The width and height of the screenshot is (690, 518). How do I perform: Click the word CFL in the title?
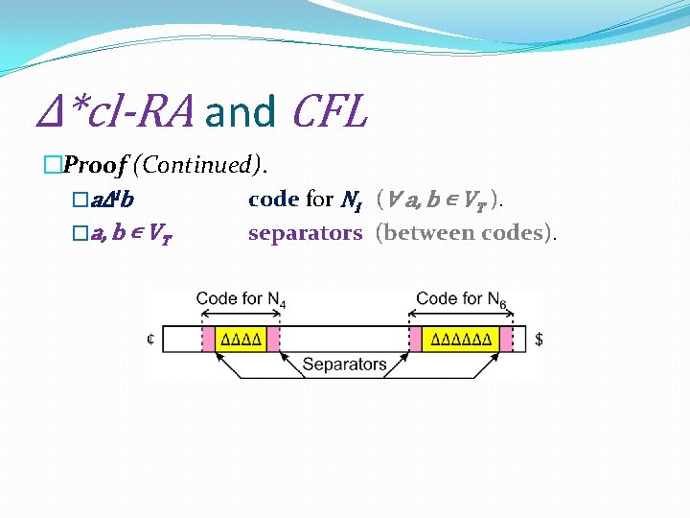pos(329,111)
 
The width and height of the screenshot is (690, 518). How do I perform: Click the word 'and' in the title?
pos(240,111)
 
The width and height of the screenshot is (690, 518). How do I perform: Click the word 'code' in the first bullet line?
pos(273,199)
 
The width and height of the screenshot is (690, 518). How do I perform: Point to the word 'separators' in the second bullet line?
pos(305,232)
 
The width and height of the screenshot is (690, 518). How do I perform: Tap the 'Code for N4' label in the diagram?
pos(241,299)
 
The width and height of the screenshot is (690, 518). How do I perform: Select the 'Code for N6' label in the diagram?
pos(461,299)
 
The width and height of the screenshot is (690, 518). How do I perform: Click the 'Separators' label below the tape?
pos(344,364)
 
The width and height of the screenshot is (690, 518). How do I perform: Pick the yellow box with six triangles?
pos(462,339)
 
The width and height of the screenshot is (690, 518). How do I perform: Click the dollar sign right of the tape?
pos(539,339)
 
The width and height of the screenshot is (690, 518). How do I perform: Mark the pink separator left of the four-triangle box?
pos(207,339)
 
